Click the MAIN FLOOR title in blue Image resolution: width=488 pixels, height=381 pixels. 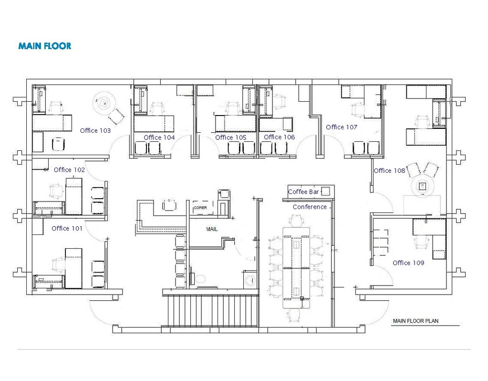point(45,46)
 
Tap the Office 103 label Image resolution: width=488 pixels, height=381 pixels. point(95,130)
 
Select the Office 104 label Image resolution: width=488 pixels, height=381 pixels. point(159,138)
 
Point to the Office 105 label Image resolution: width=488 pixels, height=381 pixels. point(230,138)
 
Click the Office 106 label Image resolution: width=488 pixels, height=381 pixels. point(279,137)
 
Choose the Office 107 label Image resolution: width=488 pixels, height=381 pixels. point(342,127)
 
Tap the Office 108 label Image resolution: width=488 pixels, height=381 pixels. point(389,171)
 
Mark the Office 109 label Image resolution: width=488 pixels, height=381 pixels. point(408,263)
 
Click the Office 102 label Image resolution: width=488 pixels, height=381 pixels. point(69,170)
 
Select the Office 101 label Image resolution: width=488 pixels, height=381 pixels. point(67,228)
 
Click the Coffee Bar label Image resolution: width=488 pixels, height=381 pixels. point(303,192)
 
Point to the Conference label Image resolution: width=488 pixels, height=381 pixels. point(310,207)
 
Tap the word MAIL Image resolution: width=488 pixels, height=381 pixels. point(212,229)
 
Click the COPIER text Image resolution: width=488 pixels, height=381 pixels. point(200,208)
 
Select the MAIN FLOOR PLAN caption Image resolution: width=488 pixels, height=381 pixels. point(415,321)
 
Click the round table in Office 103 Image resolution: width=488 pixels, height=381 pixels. point(104,102)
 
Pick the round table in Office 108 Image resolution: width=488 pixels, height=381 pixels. point(423,187)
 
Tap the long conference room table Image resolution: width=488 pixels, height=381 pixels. point(297,268)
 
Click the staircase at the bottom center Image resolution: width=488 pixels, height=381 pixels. point(211,311)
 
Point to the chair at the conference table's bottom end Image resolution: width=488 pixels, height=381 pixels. point(294,316)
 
